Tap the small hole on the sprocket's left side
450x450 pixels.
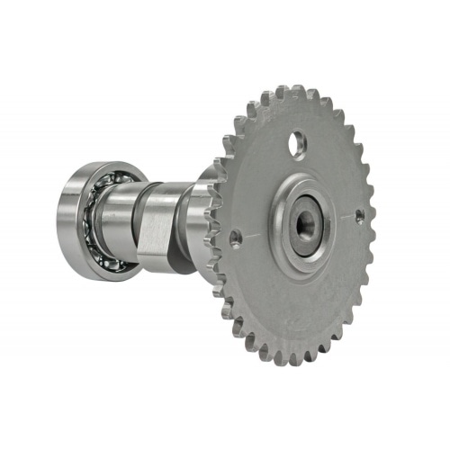(x=236, y=238)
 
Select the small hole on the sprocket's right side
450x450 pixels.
(x=358, y=216)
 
